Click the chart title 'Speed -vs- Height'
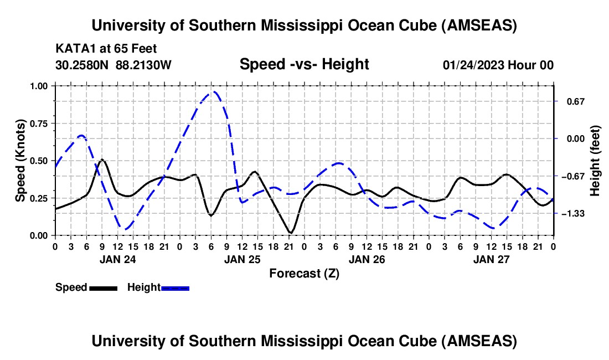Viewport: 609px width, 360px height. pyautogui.click(x=304, y=65)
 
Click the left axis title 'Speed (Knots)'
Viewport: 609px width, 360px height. pyautogui.click(x=20, y=161)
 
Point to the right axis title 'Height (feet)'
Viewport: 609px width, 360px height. pyautogui.click(x=595, y=161)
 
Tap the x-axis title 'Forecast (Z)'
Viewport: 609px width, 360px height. pyautogui.click(x=304, y=273)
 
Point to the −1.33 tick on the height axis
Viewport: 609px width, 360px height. pyautogui.click(x=570, y=213)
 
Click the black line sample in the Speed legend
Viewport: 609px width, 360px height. pyautogui.click(x=103, y=287)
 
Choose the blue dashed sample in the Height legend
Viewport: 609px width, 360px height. pyautogui.click(x=176, y=287)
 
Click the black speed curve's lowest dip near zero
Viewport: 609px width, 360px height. pyautogui.click(x=290, y=233)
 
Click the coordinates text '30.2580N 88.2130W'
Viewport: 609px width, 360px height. pyautogui.click(x=113, y=65)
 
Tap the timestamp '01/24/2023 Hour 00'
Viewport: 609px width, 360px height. pyautogui.click(x=498, y=65)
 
